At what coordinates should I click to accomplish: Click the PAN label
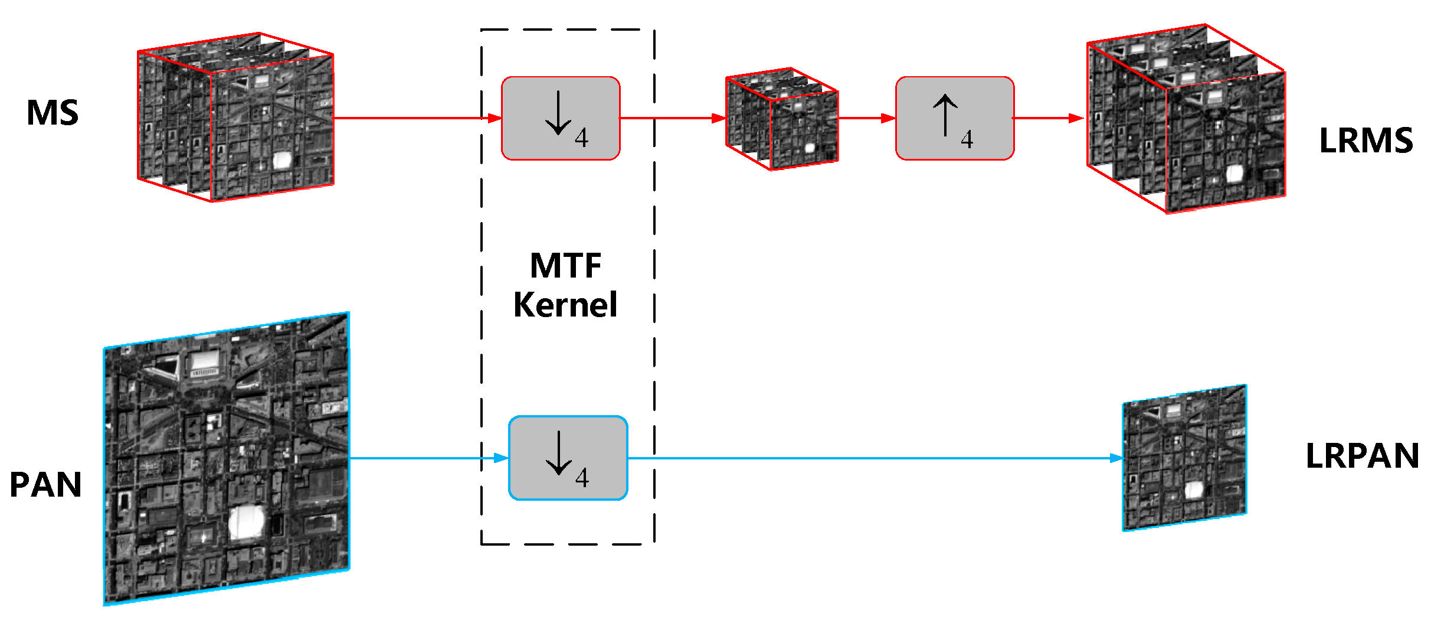(45, 485)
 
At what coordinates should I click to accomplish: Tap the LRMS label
(1365, 141)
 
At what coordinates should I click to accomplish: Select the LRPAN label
(1362, 456)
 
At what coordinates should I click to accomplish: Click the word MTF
(565, 266)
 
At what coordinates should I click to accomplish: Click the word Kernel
(565, 305)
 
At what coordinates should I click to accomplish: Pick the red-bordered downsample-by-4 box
(560, 118)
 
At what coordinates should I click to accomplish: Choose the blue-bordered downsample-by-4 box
(568, 458)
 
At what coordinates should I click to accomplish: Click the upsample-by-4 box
(954, 118)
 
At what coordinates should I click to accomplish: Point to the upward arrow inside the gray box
(945, 115)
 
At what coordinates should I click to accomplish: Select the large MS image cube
(236, 118)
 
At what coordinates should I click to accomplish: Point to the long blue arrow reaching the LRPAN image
(873, 458)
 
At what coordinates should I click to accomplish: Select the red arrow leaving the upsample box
(1048, 118)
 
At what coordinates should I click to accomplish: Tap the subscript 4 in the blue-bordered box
(582, 478)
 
